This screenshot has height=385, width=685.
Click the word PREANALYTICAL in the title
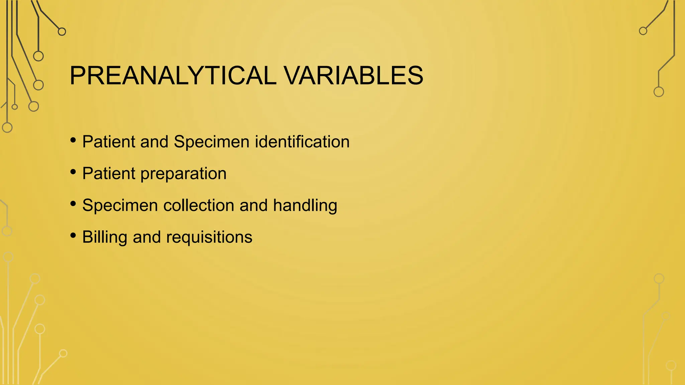tap(173, 76)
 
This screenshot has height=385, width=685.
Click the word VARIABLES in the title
tap(354, 76)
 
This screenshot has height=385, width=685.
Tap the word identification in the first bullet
tap(302, 142)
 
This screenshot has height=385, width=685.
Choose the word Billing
tap(104, 238)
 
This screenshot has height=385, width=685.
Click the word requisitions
tap(209, 238)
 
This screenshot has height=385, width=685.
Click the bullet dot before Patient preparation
tap(73, 172)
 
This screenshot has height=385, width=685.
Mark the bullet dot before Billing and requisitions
tap(73, 235)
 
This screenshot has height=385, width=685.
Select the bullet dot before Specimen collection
tap(73, 204)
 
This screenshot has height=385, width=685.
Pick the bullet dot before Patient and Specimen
tap(73, 140)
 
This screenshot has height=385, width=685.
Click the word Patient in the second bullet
tap(108, 173)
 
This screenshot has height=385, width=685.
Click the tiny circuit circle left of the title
tap(14, 107)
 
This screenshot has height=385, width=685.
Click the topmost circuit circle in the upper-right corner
tap(643, 31)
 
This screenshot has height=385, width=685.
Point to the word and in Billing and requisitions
tap(146, 237)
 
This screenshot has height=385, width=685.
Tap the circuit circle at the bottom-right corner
tap(671, 365)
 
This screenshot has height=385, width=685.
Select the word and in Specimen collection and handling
tap(253, 205)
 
